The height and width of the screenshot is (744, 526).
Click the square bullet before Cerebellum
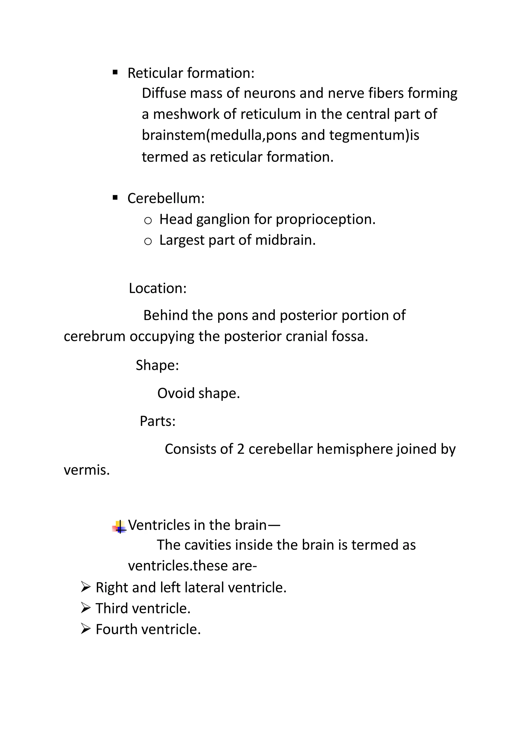coord(115,198)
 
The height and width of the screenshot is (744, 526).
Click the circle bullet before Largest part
coord(148,241)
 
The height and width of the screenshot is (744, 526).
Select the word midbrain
coord(285,240)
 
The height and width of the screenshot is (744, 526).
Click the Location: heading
coord(157,288)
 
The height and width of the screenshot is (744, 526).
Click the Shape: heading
coord(157,365)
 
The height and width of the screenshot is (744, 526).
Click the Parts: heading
coord(157,421)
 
